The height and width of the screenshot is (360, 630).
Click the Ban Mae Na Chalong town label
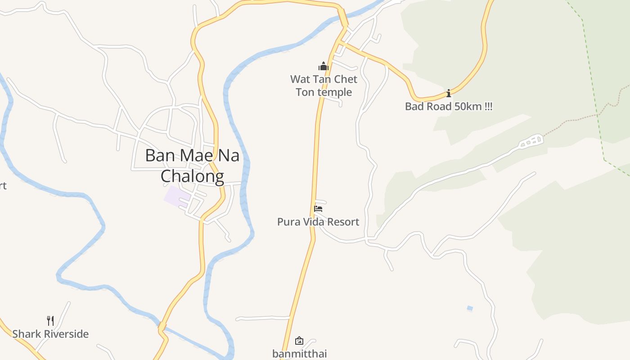192,166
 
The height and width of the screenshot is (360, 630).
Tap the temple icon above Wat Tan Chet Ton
324,67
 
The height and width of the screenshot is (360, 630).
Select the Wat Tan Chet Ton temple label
324,85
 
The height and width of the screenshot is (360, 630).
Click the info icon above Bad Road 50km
449,94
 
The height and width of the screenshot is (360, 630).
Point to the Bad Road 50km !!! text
449,107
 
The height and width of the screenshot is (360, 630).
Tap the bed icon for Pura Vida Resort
318,209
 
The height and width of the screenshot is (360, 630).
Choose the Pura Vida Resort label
318,222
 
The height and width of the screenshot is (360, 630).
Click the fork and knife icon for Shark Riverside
50,321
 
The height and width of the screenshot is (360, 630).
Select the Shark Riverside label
50,334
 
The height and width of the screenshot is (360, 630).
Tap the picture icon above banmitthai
299,341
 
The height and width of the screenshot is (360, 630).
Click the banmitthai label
299,354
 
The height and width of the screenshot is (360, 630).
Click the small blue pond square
470,308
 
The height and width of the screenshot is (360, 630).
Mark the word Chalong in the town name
192,176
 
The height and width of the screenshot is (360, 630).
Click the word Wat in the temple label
300,79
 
